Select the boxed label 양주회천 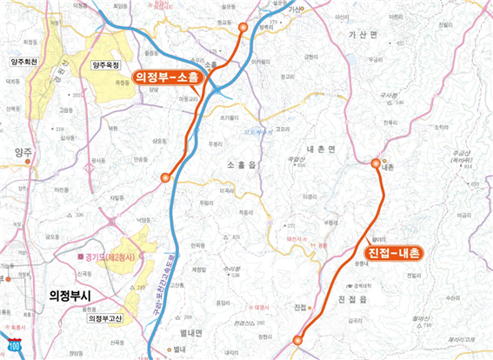28,63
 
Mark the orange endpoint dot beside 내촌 376,163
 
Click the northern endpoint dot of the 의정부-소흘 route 243,28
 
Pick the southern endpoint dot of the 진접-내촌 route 297,340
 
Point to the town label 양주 23,151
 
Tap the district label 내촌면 320,150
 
